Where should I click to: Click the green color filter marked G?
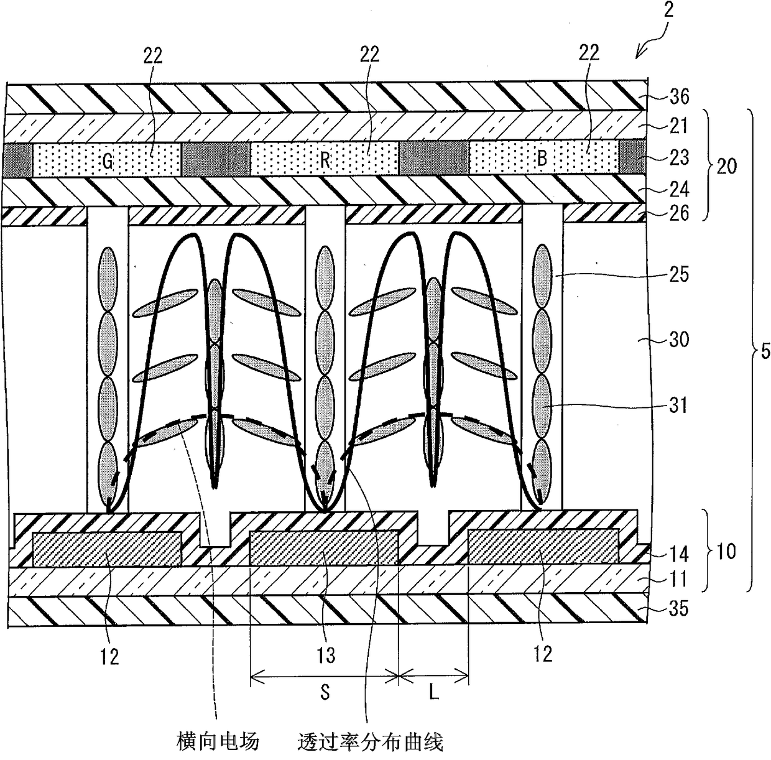point(107,160)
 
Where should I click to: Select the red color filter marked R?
point(325,159)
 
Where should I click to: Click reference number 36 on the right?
point(679,97)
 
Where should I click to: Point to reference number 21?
point(679,126)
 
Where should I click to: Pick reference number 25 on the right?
point(679,274)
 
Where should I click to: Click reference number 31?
point(679,405)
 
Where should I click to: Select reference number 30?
point(679,340)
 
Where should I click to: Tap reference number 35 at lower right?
point(679,609)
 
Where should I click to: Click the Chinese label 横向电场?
point(218,741)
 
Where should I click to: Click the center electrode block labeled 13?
point(324,547)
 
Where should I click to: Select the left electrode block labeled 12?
point(107,549)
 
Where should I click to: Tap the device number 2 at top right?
point(668,9)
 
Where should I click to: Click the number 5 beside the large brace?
point(765,351)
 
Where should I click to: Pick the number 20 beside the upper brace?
point(726,165)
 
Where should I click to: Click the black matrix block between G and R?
point(216,159)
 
